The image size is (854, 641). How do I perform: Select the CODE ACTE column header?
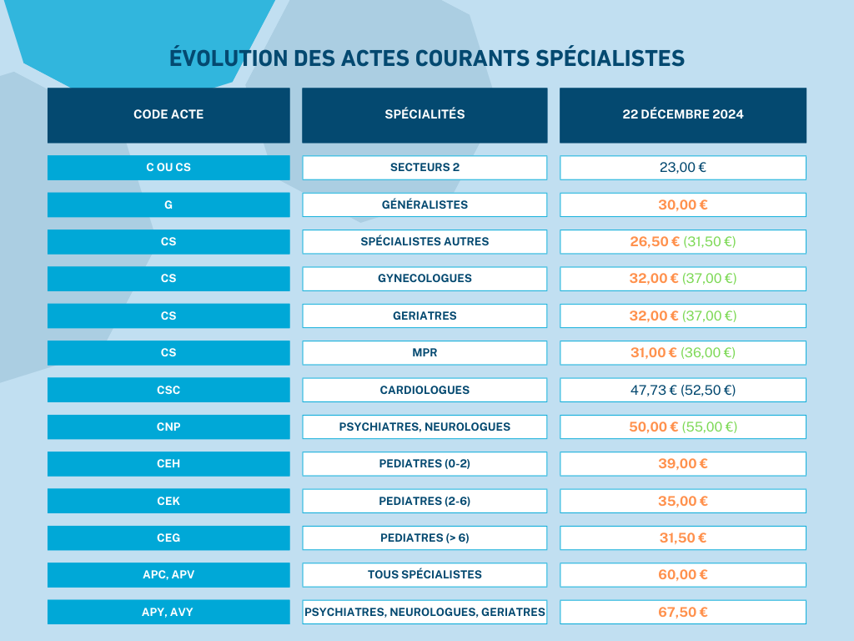(168, 114)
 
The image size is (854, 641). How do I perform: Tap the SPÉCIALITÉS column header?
(424, 114)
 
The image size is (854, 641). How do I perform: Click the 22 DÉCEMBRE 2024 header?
(682, 114)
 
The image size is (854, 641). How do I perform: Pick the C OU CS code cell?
(168, 167)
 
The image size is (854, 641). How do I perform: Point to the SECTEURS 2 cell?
(424, 167)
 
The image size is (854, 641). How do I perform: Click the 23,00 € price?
(682, 167)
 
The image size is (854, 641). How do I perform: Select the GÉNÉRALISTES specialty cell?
(424, 204)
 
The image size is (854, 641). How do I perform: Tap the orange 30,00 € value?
(682, 204)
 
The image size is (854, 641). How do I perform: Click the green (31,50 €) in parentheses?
(710, 241)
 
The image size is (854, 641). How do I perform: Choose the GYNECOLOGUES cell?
(424, 278)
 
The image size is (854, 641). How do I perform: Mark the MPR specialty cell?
(424, 352)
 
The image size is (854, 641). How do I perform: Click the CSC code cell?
(168, 390)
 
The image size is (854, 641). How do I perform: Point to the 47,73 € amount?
(653, 390)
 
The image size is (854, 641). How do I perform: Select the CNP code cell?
(168, 426)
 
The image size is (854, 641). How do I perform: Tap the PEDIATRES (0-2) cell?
(424, 463)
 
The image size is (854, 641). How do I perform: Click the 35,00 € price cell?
(682, 501)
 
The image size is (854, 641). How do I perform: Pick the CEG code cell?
(168, 538)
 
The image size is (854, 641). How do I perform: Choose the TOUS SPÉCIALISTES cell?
(424, 574)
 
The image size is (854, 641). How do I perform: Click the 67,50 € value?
(682, 612)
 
